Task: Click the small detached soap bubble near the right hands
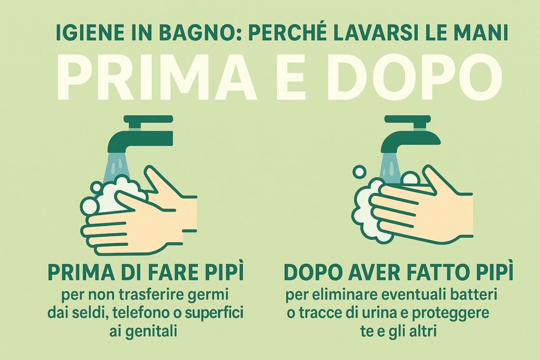pos(360,171)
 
